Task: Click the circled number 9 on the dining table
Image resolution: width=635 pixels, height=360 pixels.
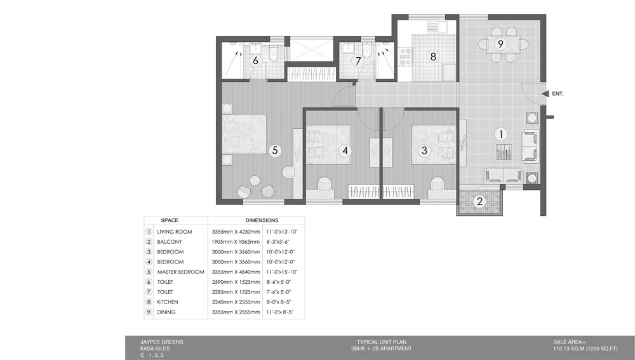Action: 500,44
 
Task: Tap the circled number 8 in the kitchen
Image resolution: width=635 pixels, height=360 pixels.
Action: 433,57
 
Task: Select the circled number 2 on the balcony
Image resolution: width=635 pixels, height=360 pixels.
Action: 480,201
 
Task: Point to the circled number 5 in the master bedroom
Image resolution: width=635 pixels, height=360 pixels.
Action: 274,150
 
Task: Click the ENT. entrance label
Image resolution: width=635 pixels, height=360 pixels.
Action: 558,93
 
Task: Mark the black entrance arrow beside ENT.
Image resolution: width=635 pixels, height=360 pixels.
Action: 545,93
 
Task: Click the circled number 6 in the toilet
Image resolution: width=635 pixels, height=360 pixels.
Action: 255,61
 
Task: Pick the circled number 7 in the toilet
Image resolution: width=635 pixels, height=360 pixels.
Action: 358,61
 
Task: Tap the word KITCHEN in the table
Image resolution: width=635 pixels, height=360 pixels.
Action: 167,302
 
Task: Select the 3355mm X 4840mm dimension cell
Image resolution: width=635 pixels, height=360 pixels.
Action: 236,272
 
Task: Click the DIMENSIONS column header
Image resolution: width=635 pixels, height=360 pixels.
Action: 262,220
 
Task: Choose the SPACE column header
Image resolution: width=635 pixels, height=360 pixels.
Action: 170,220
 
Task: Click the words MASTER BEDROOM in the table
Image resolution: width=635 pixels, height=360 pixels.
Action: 180,272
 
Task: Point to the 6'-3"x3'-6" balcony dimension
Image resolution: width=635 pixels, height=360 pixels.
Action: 278,242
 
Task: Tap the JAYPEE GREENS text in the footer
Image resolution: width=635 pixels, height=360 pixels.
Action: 161,342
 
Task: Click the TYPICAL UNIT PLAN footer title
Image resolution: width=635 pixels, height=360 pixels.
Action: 382,342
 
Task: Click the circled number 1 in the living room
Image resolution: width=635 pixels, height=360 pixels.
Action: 500,134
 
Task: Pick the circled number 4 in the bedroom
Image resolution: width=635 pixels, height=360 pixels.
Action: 345,150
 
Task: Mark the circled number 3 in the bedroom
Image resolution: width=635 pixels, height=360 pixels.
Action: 424,150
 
